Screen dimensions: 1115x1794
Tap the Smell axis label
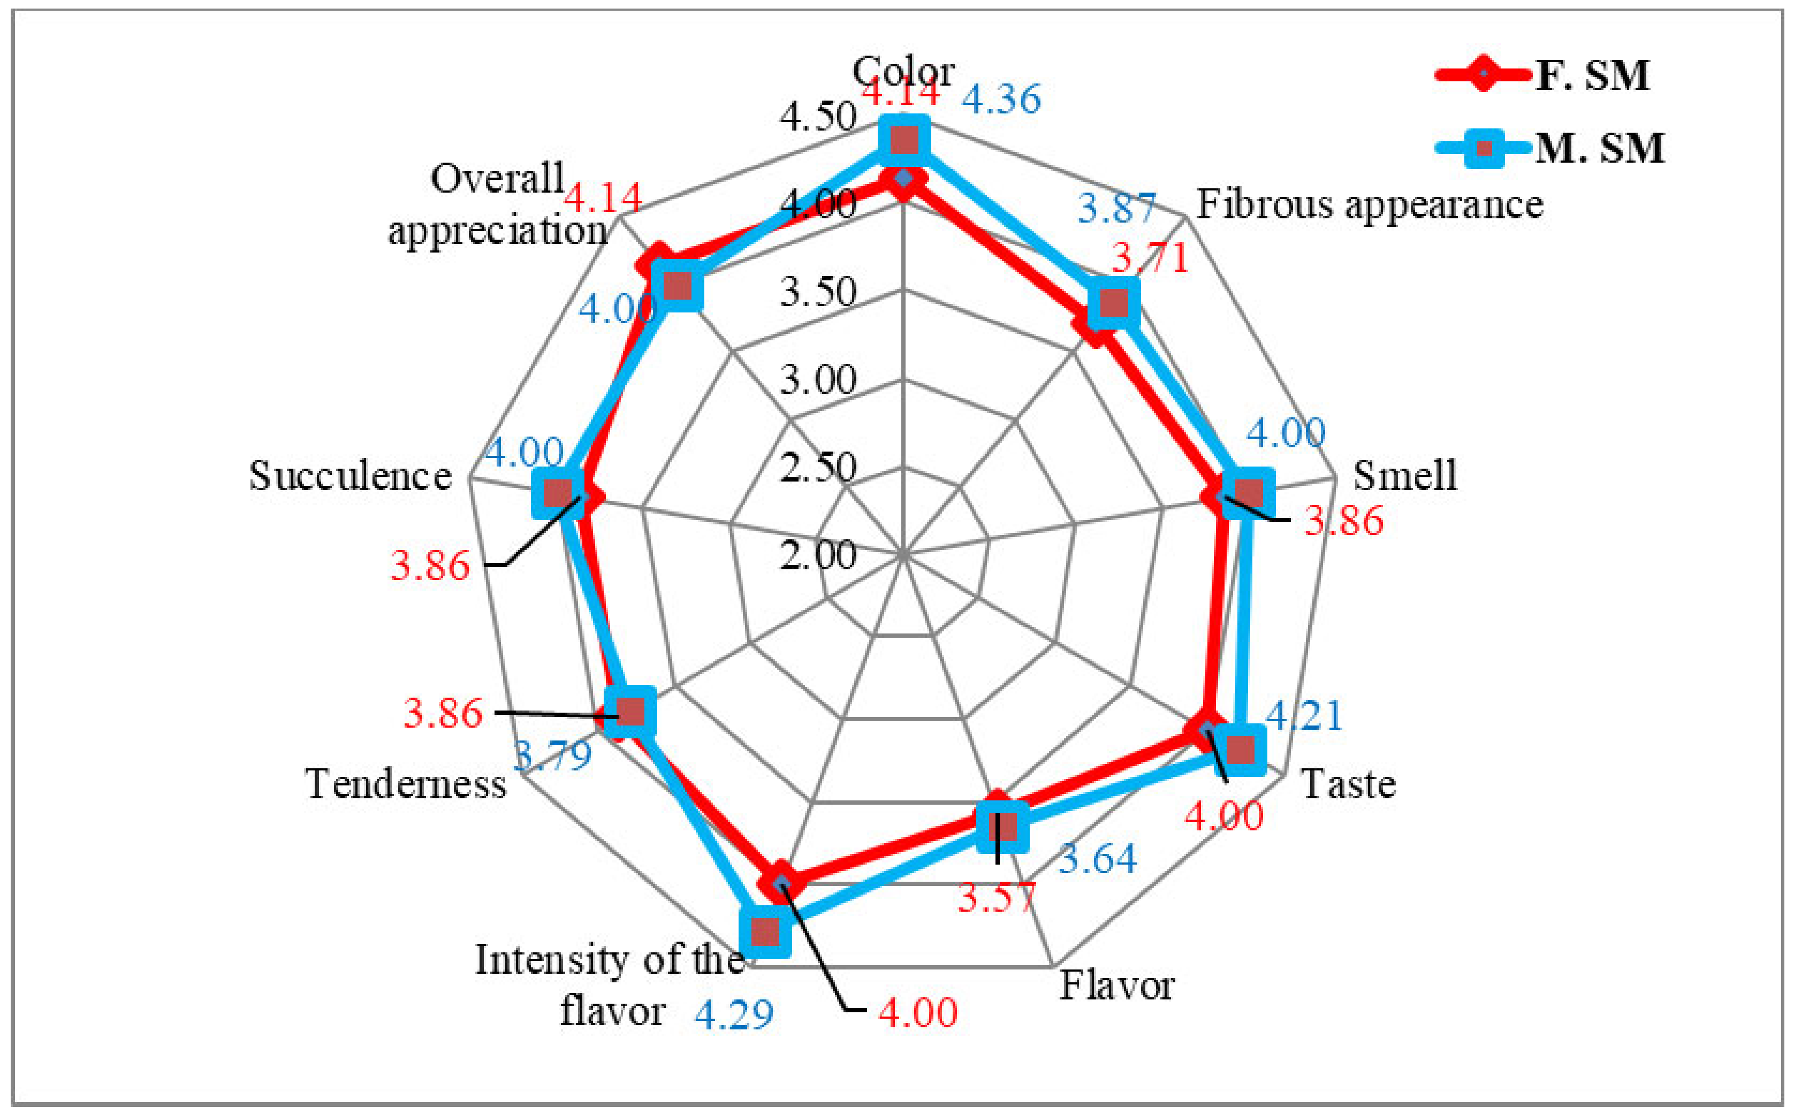click(1404, 475)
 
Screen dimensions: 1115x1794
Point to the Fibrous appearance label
click(1369, 204)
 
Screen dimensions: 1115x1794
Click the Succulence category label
click(349, 476)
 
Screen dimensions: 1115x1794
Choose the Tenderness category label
click(406, 784)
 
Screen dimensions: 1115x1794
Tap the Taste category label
click(1348, 784)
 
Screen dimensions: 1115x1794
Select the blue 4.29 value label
click(733, 1015)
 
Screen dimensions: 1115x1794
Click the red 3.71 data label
click(1151, 257)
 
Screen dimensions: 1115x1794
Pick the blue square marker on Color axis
click(903, 140)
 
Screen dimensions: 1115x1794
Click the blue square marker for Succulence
click(558, 491)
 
